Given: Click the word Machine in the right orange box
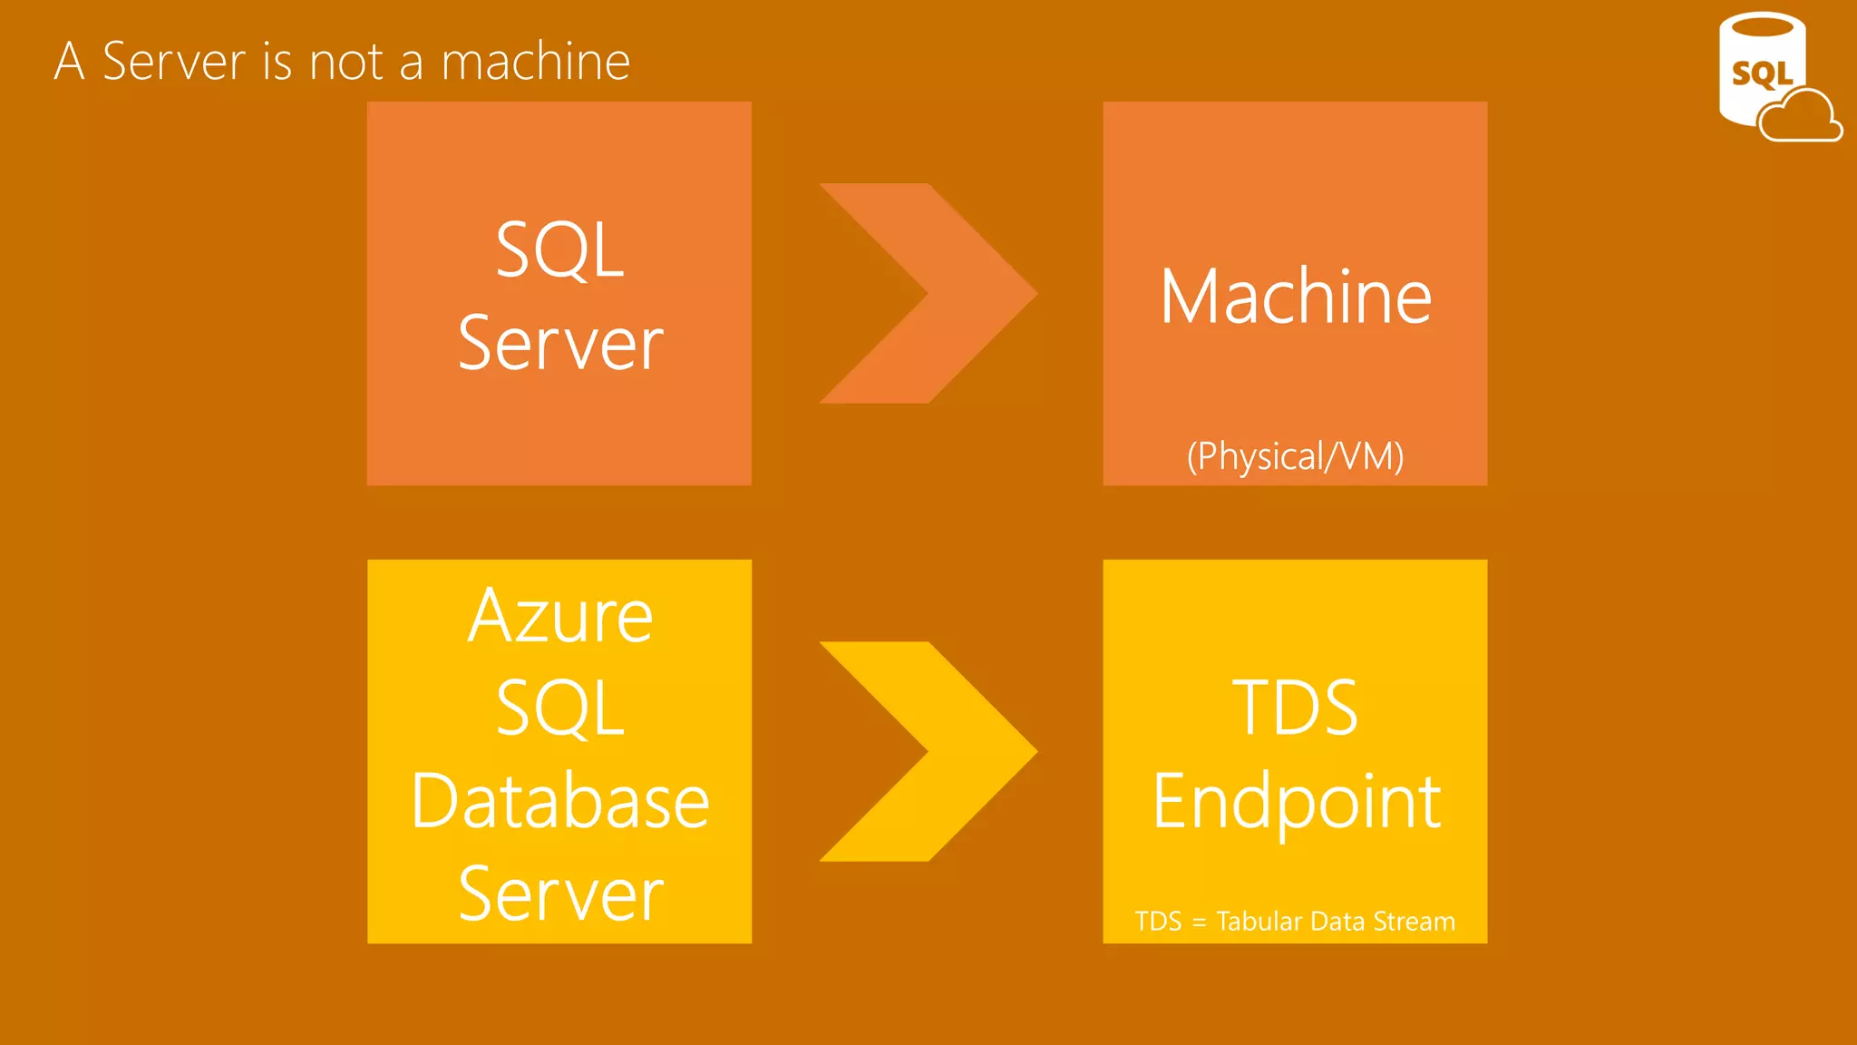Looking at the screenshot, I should (1295, 297).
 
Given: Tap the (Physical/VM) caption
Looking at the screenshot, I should (1295, 456).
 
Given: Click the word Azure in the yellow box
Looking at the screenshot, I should (560, 616).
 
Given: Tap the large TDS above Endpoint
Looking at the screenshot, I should (1295, 708).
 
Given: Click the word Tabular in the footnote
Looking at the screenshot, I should (1259, 922).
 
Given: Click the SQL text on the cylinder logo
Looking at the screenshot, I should (1761, 73).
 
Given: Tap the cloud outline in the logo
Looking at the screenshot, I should (1801, 118).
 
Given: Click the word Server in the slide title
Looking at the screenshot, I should (174, 62).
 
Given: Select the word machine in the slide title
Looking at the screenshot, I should (535, 62).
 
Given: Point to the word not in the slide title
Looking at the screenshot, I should (346, 62).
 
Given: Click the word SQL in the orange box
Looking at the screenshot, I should (560, 249).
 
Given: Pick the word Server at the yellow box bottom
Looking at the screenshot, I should (560, 894).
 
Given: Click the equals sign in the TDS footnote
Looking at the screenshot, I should (1199, 923).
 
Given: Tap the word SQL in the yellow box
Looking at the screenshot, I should (560, 708).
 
